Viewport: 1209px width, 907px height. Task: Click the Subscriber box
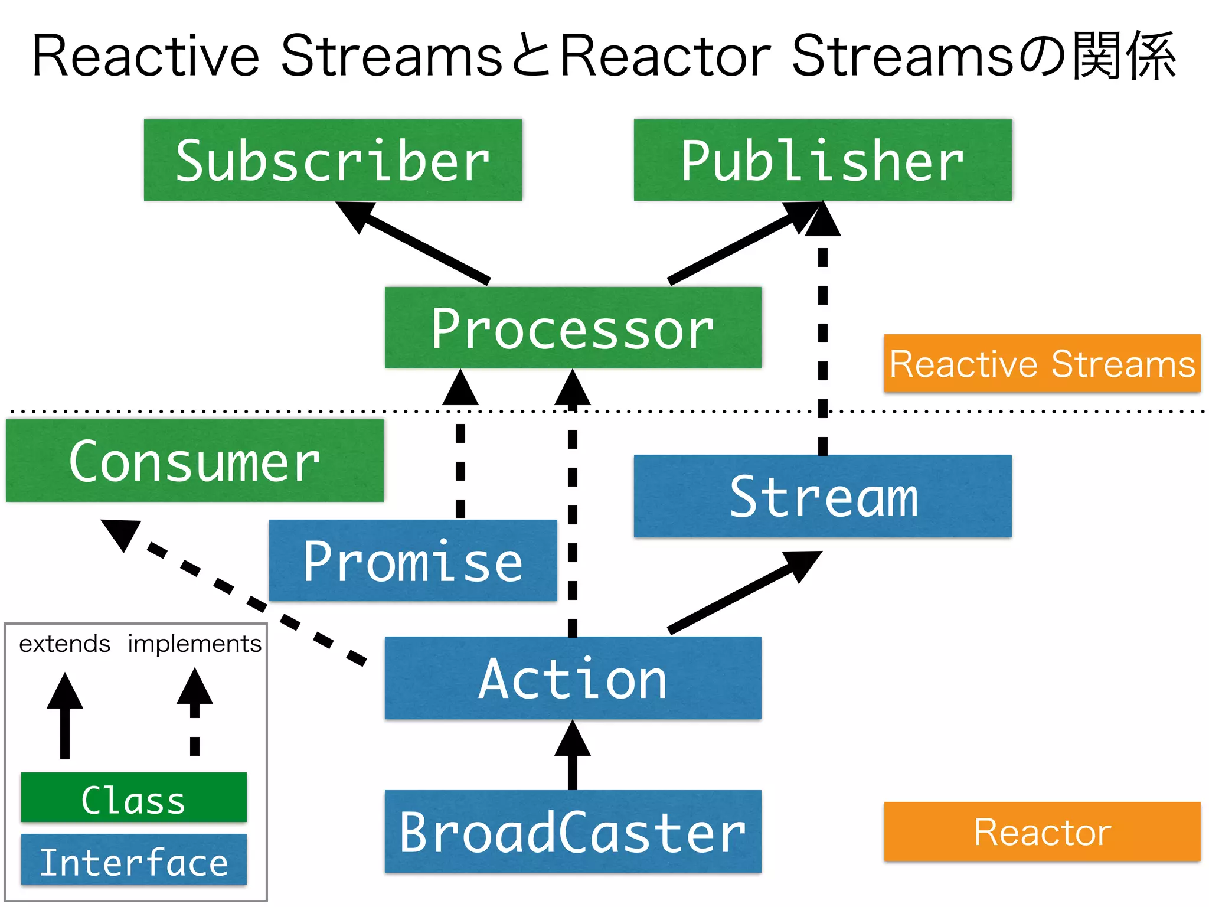[x=332, y=160]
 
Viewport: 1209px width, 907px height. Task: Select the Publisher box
[x=822, y=160]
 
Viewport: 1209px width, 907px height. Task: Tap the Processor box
[x=573, y=328]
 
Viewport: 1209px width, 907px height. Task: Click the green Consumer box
[x=194, y=461]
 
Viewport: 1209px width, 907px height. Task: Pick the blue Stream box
[x=822, y=496]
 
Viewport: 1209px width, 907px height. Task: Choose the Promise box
[x=413, y=560]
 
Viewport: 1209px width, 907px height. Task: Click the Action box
[x=573, y=678]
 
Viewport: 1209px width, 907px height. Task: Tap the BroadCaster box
[x=573, y=831]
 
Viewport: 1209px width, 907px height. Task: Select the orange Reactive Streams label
[x=1042, y=363]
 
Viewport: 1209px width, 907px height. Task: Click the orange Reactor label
[x=1042, y=831]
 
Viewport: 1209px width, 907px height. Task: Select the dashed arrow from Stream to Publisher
[x=823, y=342]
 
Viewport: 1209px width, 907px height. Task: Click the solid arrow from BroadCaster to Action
[x=573, y=759]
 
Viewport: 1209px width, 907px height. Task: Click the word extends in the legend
[x=64, y=644]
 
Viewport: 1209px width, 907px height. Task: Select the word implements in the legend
[x=194, y=644]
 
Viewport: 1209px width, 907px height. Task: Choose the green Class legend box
[x=133, y=798]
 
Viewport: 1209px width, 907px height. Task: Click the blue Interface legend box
[x=133, y=860]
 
